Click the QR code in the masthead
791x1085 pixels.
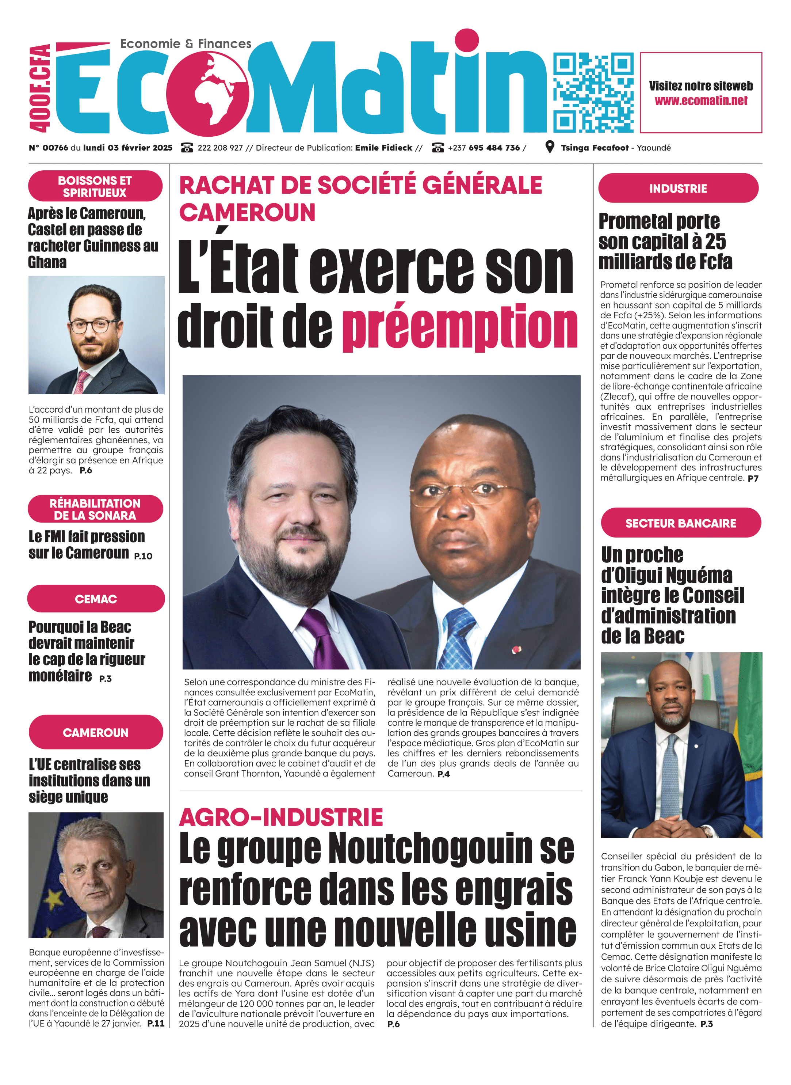click(x=593, y=92)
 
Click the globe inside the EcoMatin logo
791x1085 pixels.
click(x=208, y=94)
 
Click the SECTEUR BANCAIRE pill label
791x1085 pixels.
click(x=680, y=523)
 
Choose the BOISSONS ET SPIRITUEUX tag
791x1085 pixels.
click(x=95, y=186)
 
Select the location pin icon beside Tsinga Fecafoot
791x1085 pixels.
click(x=550, y=147)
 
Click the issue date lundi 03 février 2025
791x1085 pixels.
click(x=127, y=148)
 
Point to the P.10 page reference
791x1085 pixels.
click(x=143, y=556)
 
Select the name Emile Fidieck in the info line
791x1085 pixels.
click(x=383, y=148)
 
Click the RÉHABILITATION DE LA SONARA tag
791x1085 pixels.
click(x=95, y=509)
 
